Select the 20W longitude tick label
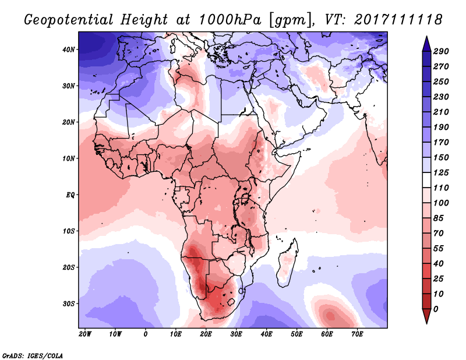click(85, 334)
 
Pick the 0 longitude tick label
click(146, 334)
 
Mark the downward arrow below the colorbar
click(426, 316)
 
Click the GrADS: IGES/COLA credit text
click(33, 354)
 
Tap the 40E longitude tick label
click(266, 334)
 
